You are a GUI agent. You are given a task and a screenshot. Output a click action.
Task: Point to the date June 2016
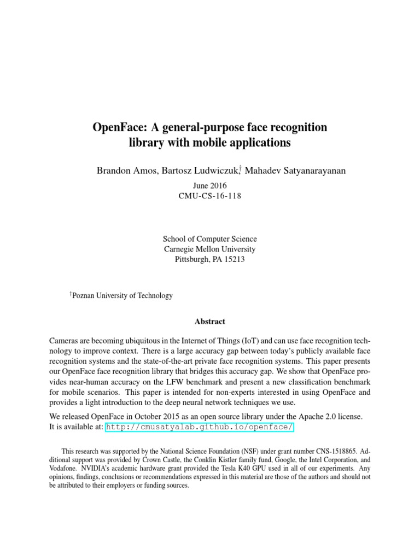click(209, 186)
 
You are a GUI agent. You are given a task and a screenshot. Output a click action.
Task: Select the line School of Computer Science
click(209, 239)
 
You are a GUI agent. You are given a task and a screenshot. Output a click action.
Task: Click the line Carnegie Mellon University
click(209, 249)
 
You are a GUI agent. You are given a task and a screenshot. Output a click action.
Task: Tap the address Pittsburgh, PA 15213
click(209, 260)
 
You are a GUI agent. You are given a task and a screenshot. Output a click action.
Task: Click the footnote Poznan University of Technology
click(122, 296)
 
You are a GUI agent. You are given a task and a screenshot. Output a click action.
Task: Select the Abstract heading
click(209, 322)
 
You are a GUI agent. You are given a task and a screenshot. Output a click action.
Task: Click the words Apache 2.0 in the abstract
click(320, 417)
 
